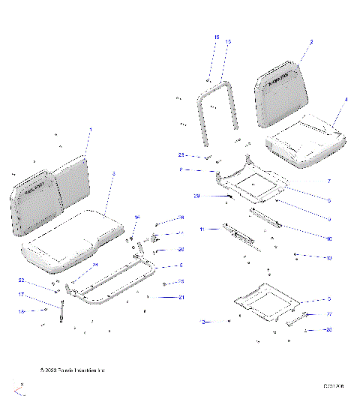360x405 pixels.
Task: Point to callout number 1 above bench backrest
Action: pos(90,130)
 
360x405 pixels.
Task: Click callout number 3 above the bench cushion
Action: pos(113,173)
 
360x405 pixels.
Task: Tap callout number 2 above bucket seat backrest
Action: pos(311,43)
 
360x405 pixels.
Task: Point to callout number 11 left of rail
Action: pos(201,228)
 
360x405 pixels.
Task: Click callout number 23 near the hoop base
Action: pos(181,155)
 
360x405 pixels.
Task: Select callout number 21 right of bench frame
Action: pos(181,298)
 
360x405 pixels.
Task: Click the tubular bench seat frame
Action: pos(112,285)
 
